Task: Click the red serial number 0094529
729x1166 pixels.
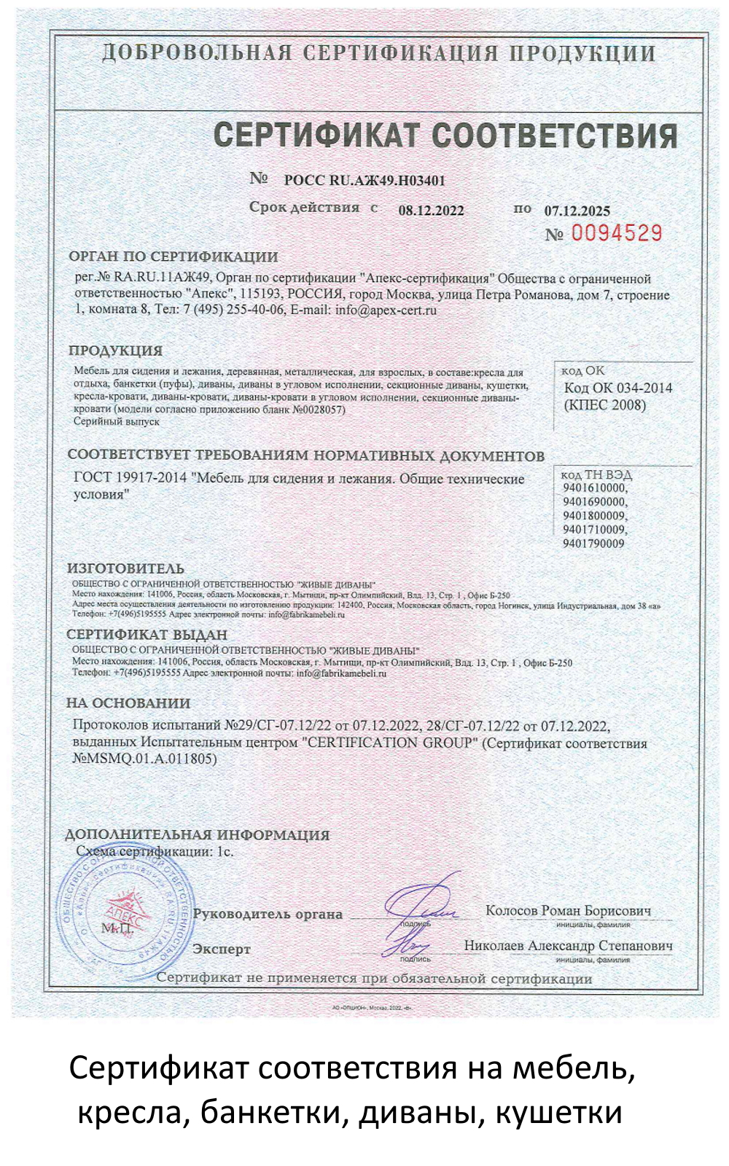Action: pos(616,233)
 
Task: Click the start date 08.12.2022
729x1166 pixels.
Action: pos(431,211)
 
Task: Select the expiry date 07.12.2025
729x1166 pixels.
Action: pos(577,211)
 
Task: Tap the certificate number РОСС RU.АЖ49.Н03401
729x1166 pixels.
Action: pos(364,181)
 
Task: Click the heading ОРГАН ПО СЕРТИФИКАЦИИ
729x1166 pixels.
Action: pos(174,257)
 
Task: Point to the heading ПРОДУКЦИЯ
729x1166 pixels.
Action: pos(116,351)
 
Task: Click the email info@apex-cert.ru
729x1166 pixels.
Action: pos(386,310)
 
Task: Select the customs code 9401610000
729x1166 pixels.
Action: pos(594,488)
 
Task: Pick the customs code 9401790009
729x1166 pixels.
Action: pos(593,544)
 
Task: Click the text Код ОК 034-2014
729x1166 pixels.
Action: pos(618,388)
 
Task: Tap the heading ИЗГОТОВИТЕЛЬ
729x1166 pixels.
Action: pos(125,568)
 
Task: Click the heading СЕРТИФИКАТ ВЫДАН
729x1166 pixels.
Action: pos(147,635)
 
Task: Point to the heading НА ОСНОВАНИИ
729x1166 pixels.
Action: pos(128,703)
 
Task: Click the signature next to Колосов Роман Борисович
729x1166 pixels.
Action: pos(421,902)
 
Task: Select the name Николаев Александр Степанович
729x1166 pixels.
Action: pos(568,945)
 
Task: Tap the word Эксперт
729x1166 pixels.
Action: pos(221,949)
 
